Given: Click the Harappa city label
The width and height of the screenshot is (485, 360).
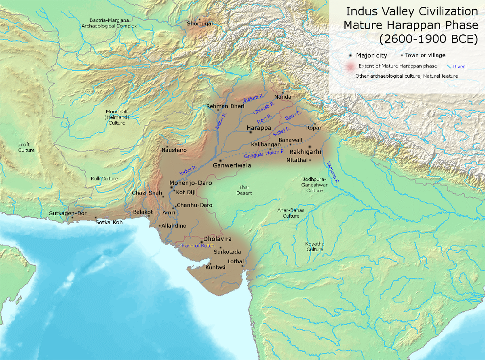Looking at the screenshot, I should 259,128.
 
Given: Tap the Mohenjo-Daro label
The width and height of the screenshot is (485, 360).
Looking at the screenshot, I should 190,183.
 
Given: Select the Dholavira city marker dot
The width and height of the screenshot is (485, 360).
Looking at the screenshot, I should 202,242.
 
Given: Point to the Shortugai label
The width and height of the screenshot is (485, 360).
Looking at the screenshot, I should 199,24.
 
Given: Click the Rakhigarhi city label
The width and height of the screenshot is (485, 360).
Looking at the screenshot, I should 305,152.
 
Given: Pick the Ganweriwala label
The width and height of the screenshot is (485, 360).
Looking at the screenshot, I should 232,165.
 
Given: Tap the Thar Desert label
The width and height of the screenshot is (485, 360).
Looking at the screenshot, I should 244,190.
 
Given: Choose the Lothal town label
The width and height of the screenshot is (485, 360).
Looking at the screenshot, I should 236,262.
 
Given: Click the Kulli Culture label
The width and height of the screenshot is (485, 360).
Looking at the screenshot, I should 104,179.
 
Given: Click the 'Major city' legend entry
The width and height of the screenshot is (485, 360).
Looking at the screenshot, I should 371,55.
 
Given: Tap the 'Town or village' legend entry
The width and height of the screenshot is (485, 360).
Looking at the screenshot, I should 426,55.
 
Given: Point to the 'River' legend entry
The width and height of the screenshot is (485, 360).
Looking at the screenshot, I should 458,66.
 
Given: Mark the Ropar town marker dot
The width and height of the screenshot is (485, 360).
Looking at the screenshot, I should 314,124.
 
